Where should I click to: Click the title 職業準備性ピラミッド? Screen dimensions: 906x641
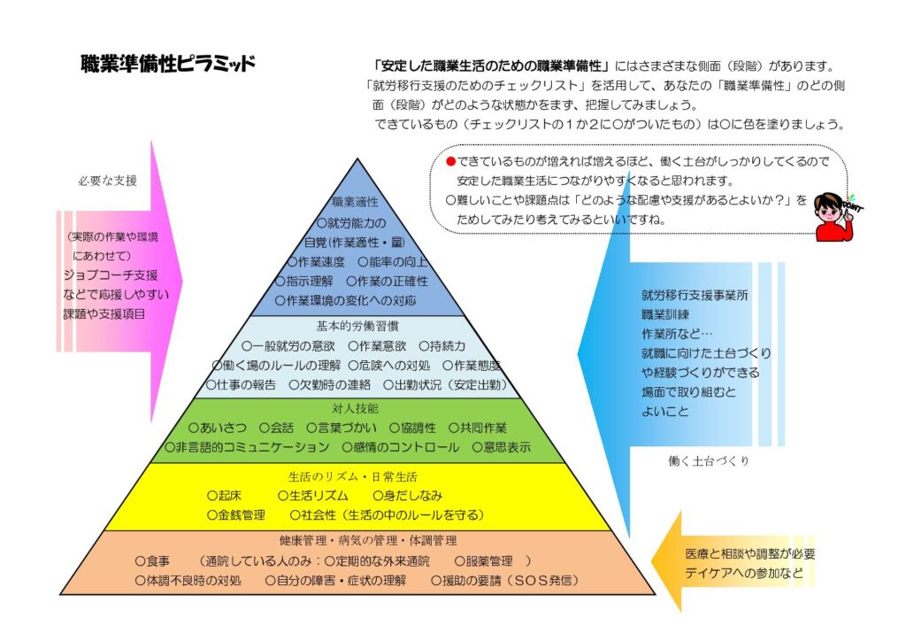(x=167, y=63)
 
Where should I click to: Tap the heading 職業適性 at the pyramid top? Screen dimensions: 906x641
(x=355, y=202)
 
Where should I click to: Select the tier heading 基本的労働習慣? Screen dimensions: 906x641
(x=357, y=326)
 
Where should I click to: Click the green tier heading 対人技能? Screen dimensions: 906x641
(x=356, y=409)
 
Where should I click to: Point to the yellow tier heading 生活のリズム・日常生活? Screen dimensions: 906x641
(x=352, y=477)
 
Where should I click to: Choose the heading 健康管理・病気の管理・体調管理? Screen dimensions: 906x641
(x=368, y=540)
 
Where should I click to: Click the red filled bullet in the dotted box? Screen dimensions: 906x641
(x=450, y=161)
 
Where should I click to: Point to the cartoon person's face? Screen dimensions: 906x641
(x=829, y=209)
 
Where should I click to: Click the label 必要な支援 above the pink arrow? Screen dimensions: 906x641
(x=107, y=181)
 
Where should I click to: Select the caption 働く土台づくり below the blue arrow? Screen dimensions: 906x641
(x=709, y=461)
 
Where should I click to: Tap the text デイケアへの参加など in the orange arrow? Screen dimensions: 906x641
(x=744, y=574)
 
